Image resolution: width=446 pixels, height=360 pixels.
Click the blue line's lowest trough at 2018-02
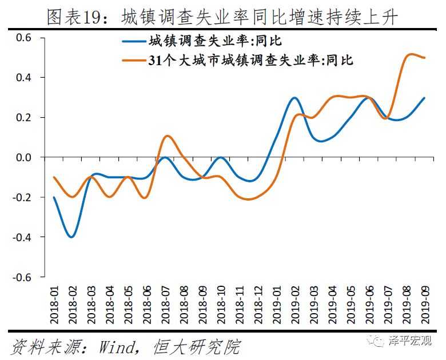tap(71, 237)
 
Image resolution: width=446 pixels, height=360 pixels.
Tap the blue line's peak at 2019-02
tap(295, 98)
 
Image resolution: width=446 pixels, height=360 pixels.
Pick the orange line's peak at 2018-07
tap(166, 136)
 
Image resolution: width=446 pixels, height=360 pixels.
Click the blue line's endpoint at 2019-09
tap(424, 98)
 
